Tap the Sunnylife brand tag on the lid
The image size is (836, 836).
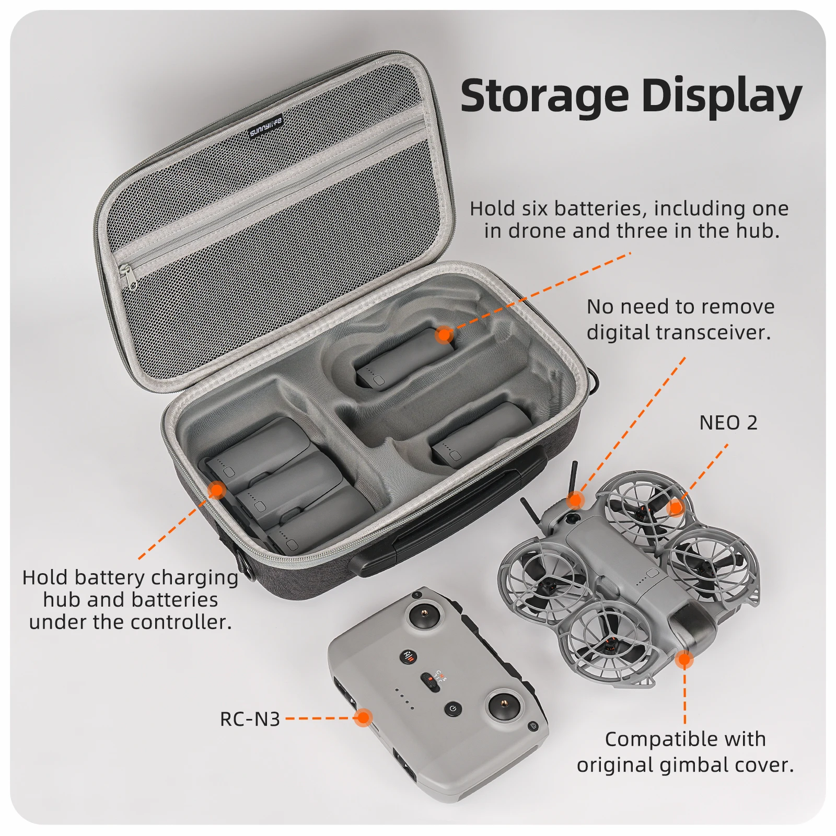pos(266,126)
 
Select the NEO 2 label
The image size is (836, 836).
pos(728,423)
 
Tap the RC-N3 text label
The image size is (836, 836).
pos(250,719)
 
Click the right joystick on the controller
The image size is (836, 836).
pos(505,706)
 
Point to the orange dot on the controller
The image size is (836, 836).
pos(363,717)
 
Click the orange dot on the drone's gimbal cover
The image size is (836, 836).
pos(684,659)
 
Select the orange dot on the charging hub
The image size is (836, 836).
pos(217,490)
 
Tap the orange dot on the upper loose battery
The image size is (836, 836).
pos(444,334)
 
